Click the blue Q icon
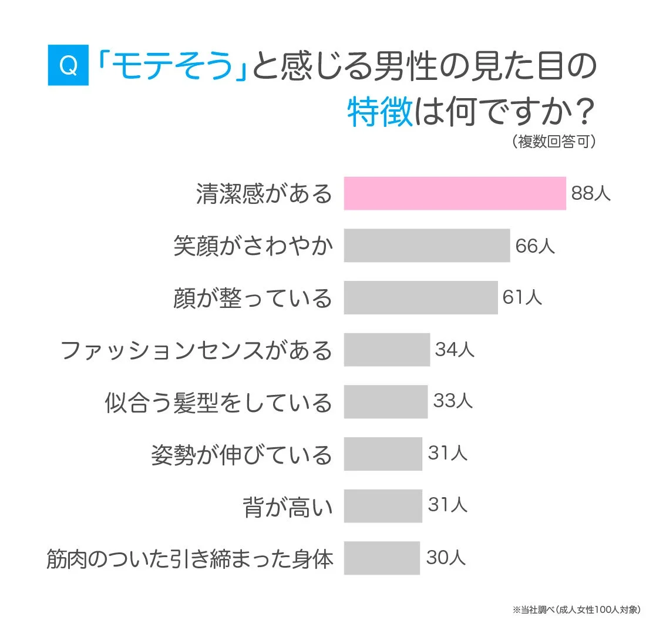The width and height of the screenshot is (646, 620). coord(68,66)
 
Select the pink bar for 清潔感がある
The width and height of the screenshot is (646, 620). coord(455,193)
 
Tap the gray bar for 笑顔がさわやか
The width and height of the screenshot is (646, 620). coord(426,245)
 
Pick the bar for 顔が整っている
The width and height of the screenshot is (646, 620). coord(420,297)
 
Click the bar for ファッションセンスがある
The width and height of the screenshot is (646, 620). coord(386,350)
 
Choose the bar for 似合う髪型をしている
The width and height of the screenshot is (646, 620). coord(385,401)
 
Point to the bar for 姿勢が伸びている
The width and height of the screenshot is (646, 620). coord(383,454)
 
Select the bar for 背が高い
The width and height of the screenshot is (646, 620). coord(383,505)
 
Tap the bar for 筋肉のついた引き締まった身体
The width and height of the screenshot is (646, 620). coord(382,558)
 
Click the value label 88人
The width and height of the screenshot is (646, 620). coord(591,193)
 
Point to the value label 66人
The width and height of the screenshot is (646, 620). coord(535,246)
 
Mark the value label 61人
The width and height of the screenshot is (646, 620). coord(522,297)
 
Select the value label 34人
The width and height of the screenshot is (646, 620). coord(455,350)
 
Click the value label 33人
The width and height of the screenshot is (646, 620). coord(453,401)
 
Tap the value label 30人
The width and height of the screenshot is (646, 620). coord(446,558)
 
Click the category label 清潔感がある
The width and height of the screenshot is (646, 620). coord(264,194)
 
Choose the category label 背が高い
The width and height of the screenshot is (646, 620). coord(288,506)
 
